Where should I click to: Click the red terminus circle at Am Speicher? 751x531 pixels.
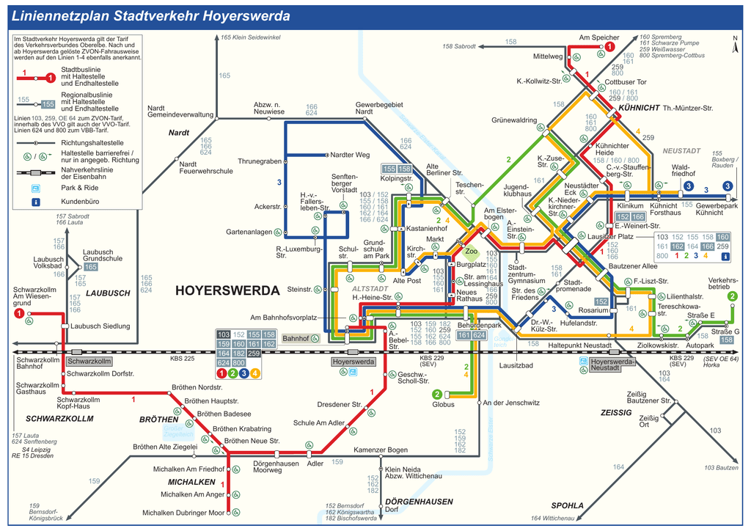[x=609, y=47]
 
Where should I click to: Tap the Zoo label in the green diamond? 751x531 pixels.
[x=472, y=252]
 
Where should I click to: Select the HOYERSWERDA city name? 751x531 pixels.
[x=227, y=290]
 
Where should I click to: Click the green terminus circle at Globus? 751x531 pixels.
[x=437, y=394]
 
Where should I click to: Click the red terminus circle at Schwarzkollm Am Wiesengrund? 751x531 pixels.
[x=18, y=314]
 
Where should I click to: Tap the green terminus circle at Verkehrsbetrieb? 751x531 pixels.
[x=732, y=296]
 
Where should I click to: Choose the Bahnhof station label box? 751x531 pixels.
[x=296, y=339]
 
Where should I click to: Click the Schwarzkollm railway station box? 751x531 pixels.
[x=89, y=362]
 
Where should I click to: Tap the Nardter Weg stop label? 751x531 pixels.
[x=350, y=155]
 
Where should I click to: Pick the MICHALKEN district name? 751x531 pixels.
[x=191, y=482]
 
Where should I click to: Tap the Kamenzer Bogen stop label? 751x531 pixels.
[x=381, y=450]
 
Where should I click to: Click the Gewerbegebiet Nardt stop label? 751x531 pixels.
[x=379, y=108]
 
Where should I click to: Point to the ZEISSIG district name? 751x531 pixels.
[x=616, y=413]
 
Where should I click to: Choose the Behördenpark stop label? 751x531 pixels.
[x=479, y=324]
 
